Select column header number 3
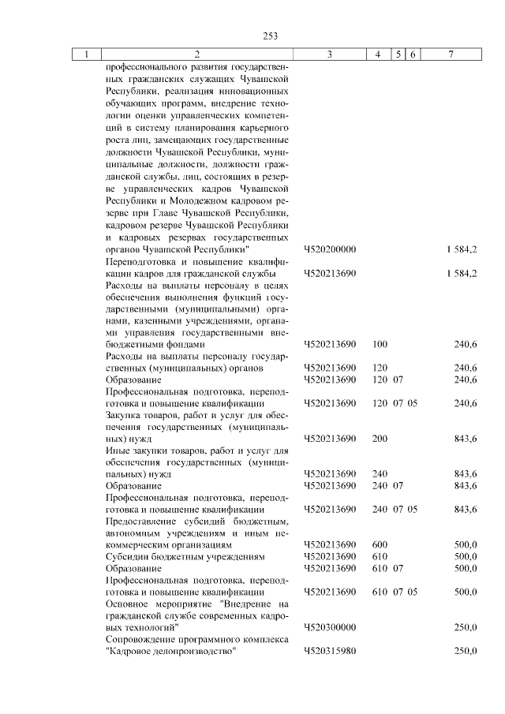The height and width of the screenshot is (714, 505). tap(329, 54)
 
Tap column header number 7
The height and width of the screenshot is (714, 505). tap(450, 54)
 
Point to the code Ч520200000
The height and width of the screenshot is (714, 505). tap(330, 249)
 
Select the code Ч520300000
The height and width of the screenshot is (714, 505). tap(330, 627)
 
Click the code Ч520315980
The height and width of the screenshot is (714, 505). tap(330, 651)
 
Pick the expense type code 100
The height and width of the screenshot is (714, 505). tap(380, 344)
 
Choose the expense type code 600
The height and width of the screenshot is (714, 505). tap(380, 544)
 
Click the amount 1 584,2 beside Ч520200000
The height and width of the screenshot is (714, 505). tap(461, 249)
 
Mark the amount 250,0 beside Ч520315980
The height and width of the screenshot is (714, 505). tap(464, 651)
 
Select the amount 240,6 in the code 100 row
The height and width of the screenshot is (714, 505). tap(464, 344)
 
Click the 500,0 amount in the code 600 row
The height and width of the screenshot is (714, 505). tap(464, 544)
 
